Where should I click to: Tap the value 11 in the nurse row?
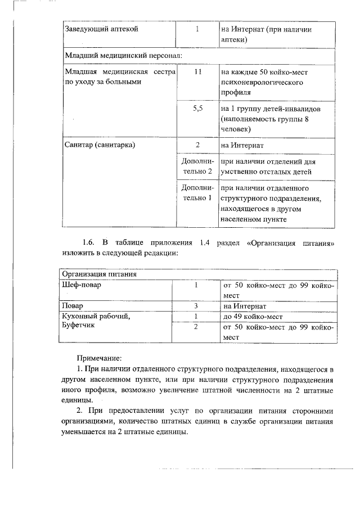197,73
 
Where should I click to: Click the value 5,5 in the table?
197,109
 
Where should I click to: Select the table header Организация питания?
99,274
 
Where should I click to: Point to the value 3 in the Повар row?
196,306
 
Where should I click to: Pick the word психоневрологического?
256,82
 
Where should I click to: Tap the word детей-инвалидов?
292,109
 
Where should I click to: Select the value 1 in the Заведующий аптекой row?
197,29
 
